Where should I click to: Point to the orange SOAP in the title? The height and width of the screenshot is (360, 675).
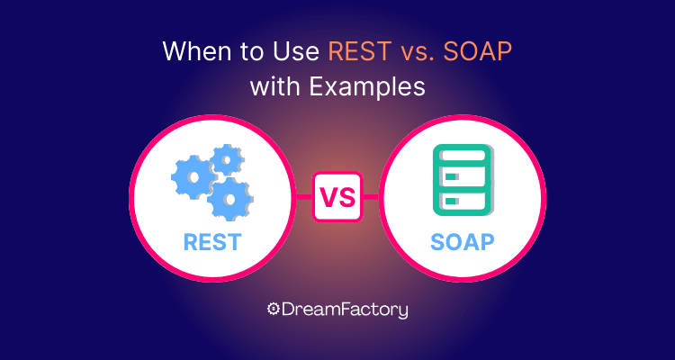click(x=478, y=52)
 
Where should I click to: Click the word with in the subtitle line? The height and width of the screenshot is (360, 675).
click(x=275, y=87)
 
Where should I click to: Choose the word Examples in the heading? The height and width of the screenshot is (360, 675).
click(x=367, y=88)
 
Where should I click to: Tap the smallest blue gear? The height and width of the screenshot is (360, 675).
click(x=227, y=160)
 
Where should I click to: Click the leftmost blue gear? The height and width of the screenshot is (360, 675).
click(x=193, y=176)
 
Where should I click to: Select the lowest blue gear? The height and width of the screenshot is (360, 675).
click(x=230, y=199)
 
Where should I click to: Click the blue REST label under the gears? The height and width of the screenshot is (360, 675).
click(x=212, y=242)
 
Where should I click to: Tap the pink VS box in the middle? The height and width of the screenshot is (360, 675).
click(x=337, y=197)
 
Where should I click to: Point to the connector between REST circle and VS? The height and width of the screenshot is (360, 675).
click(x=303, y=197)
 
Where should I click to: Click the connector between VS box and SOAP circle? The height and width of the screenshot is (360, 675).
click(x=371, y=197)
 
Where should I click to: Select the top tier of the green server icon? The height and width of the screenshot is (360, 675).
click(x=462, y=153)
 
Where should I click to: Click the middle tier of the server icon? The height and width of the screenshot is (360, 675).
click(x=462, y=175)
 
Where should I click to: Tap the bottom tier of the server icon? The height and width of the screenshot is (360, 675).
click(x=462, y=202)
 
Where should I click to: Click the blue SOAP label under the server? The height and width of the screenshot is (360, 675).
click(x=462, y=242)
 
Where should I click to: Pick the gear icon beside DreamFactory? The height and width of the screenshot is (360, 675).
click(x=273, y=310)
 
